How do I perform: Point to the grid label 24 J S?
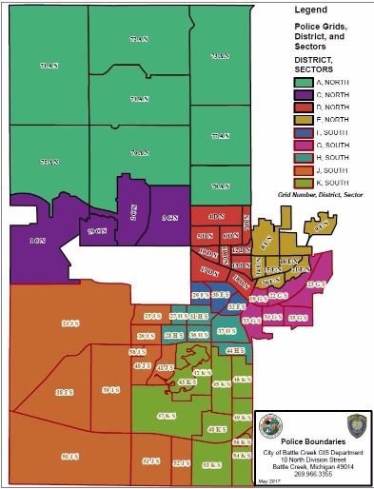click(69, 324)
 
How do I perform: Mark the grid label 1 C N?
click(37, 241)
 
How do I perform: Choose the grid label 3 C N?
click(169, 219)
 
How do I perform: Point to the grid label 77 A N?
click(221, 136)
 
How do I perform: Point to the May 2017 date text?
click(268, 483)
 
